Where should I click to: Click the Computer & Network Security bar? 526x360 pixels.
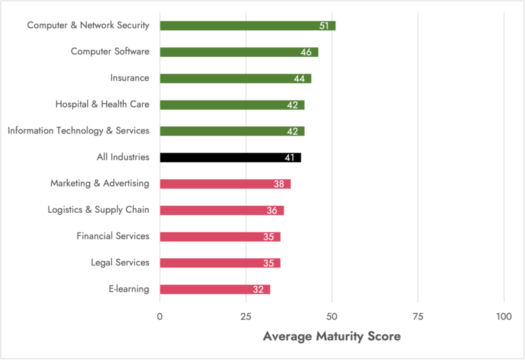[247, 26]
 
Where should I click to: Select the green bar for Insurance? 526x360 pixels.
[235, 78]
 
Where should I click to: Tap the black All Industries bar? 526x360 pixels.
[230, 158]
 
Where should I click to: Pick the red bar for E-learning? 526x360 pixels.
[214, 289]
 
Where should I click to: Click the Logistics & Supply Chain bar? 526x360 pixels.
[222, 210]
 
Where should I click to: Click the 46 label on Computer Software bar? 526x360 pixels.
[306, 53]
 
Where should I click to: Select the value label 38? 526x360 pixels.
[279, 184]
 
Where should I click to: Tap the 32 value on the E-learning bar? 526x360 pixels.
[258, 290]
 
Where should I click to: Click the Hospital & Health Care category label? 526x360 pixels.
[102, 104]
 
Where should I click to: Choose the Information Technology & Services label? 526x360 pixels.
[78, 131]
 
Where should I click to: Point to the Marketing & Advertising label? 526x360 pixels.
[100, 183]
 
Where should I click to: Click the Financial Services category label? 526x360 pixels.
[113, 236]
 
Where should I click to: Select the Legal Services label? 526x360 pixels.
[120, 263]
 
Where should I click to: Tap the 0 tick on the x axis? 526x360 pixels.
[160, 317]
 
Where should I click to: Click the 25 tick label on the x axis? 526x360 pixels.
[246, 317]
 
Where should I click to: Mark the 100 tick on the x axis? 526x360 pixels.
[504, 317]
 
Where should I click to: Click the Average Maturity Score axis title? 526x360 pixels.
[331, 336]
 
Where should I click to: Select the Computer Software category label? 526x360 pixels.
[110, 52]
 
